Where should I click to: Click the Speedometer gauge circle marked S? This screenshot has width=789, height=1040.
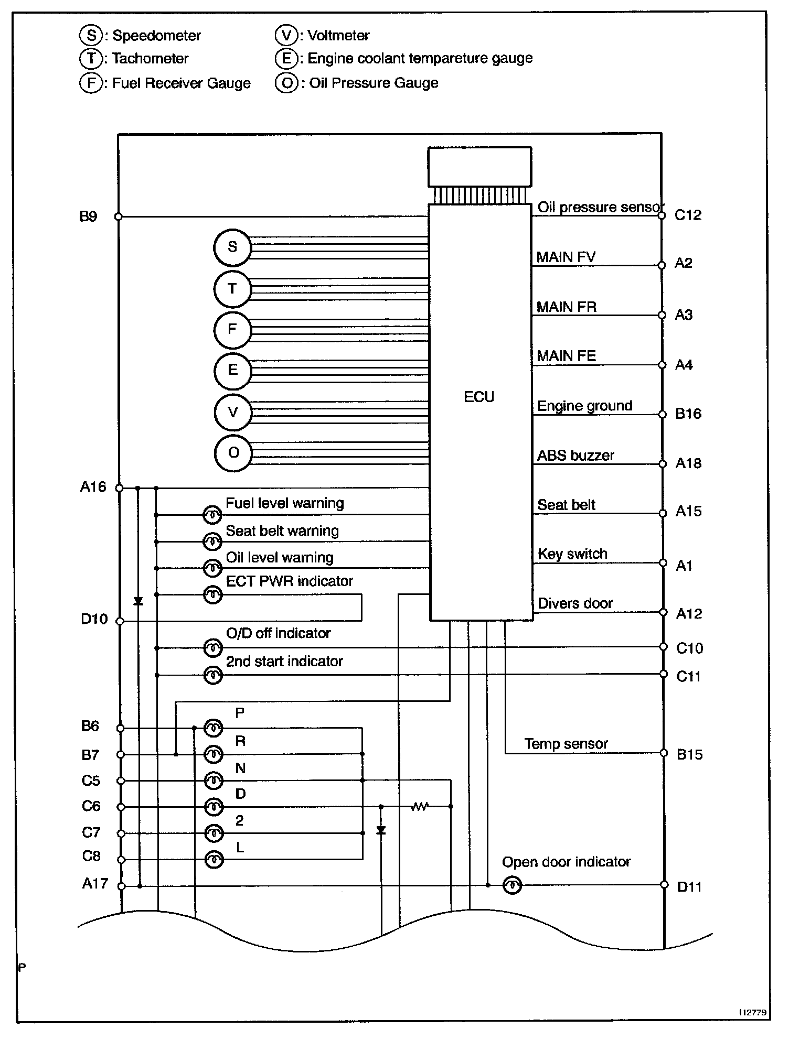232,247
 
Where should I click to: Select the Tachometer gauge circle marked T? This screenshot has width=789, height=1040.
232,289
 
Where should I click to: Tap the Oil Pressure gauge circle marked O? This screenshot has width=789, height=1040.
233,453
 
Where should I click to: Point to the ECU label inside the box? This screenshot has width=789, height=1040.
479,397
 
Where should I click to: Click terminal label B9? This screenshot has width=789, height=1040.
88,216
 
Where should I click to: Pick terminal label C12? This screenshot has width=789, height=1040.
688,215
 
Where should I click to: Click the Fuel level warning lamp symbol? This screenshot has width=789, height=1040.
212,515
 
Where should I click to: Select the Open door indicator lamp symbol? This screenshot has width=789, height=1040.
512,885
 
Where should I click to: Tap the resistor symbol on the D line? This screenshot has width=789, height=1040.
420,807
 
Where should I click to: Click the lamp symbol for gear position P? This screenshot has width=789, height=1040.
213,728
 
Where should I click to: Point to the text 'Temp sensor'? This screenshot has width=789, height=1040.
566,744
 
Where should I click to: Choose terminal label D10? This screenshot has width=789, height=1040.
94,619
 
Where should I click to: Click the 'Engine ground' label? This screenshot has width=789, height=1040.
585,406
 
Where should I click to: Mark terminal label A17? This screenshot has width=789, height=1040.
95,884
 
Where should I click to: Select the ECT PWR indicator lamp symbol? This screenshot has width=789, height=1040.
213,595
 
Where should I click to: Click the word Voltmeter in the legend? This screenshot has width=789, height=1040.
338,36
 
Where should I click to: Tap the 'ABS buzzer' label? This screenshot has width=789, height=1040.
575,455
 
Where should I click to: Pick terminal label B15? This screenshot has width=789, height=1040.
689,754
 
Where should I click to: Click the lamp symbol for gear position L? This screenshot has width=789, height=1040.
213,860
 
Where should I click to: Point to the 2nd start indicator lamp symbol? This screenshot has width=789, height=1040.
213,675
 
